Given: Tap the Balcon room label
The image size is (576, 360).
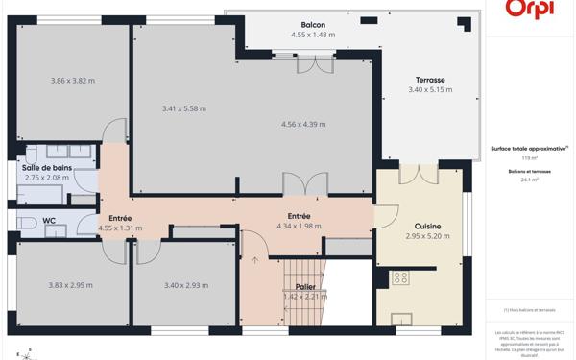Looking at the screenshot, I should (313, 25).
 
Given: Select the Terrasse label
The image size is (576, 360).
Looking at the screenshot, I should (429, 80).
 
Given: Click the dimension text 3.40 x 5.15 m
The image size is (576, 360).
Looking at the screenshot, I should (429, 90).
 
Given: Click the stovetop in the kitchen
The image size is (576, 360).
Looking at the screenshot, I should (400, 278).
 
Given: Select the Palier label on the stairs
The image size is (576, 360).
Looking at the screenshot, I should (306, 287).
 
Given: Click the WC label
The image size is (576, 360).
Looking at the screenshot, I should (48, 220).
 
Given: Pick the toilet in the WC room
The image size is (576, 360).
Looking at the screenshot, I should (23, 222).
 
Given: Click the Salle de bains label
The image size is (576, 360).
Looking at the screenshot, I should (47, 167).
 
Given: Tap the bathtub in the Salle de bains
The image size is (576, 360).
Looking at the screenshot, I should (38, 192).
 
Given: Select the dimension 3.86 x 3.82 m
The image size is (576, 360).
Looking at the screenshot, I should (73, 81).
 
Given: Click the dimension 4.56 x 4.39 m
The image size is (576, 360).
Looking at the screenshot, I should (303, 124).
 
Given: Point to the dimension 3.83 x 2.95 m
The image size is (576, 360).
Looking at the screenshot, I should (70, 285).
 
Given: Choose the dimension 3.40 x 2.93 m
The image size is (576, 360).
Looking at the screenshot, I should (186, 285).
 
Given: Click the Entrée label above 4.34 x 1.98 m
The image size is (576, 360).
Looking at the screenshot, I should (299, 216).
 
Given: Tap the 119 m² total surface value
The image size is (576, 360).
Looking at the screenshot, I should (529, 158).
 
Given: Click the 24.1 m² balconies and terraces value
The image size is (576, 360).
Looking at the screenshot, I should (529, 180).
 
